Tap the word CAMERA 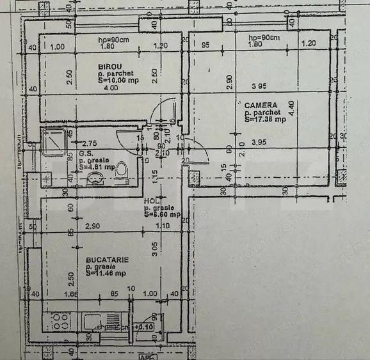point(261,105)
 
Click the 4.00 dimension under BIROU point(111,88)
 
